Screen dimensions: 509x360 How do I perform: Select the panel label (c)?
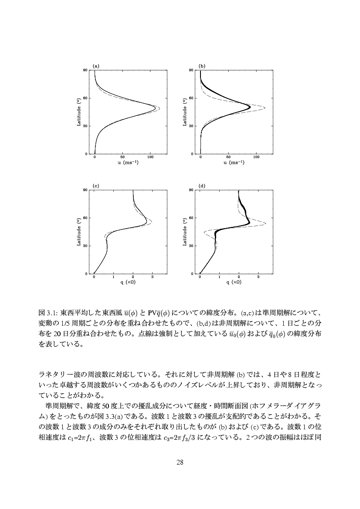coord(96,185)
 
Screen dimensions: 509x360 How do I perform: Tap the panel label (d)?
coord(202,185)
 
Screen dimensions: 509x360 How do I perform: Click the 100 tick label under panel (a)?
coord(150,158)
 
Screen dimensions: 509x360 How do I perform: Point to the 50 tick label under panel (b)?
coord(228,158)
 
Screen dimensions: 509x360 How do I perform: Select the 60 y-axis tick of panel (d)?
coord(192,218)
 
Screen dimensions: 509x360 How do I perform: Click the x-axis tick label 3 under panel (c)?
coord(152,277)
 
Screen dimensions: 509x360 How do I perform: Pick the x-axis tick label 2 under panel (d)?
coord(239,277)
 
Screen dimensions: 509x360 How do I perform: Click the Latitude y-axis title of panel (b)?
coord(184,112)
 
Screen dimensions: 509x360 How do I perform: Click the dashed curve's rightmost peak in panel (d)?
coord(265,223)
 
